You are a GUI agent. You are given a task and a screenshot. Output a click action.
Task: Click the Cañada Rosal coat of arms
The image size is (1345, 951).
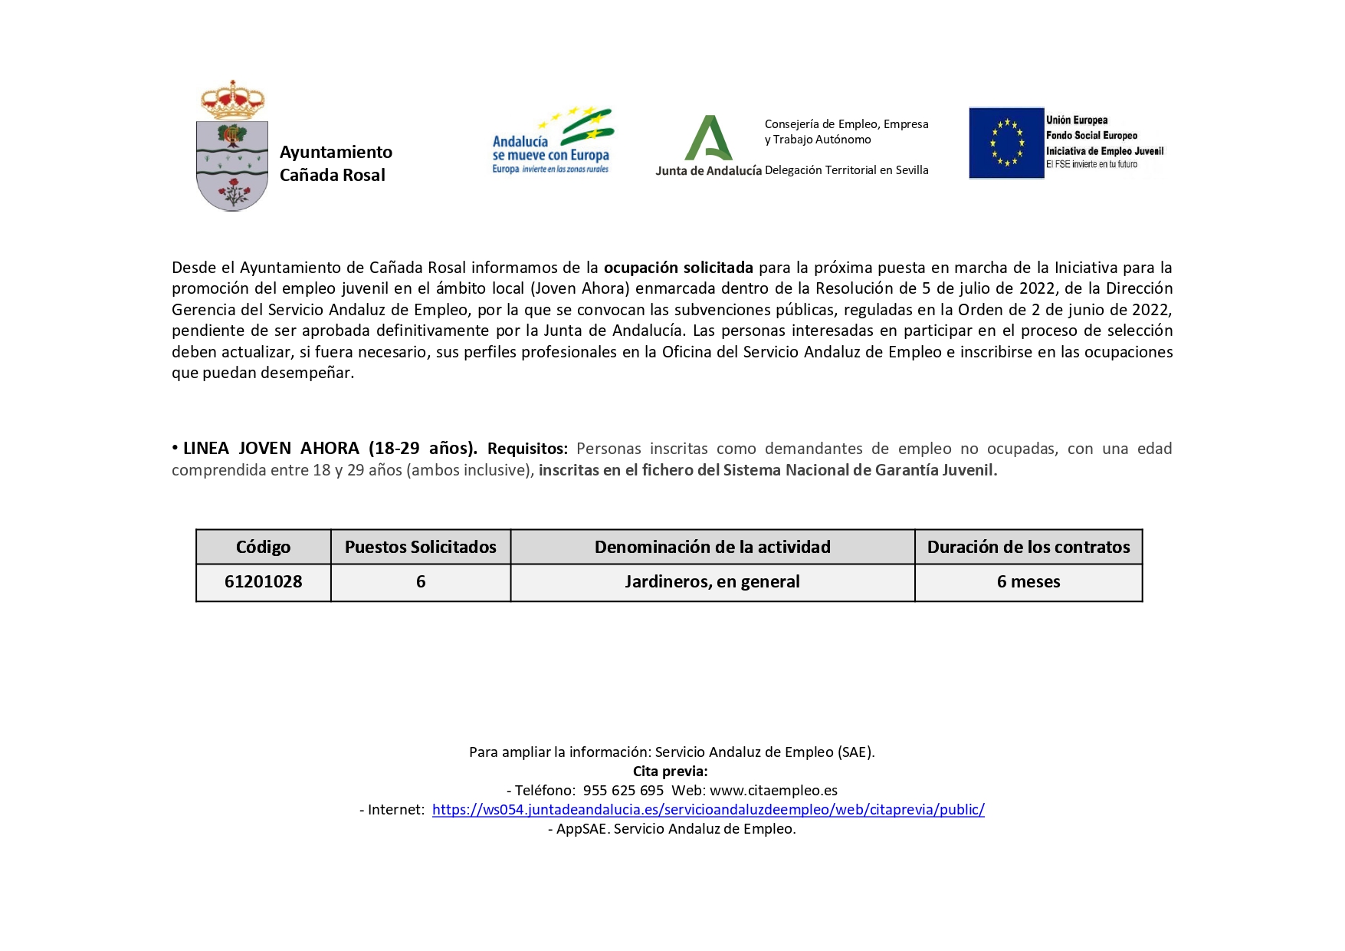click(232, 165)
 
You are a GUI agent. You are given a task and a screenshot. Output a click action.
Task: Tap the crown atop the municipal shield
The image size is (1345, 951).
click(232, 100)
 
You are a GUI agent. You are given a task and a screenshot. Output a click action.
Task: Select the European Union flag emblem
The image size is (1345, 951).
click(1006, 143)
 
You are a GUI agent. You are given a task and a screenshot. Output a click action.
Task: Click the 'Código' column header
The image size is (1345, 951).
click(263, 547)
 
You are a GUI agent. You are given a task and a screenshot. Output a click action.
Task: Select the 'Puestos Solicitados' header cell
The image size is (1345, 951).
click(420, 547)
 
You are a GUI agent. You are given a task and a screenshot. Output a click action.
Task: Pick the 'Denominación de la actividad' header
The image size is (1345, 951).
click(712, 547)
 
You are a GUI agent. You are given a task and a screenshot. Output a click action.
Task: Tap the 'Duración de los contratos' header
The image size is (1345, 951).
click(1028, 547)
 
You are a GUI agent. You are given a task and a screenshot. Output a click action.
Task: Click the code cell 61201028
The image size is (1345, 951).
click(263, 582)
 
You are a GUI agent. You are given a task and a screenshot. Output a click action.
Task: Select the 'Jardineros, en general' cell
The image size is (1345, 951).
click(712, 582)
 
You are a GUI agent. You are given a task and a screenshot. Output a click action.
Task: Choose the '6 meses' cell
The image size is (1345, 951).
click(1028, 582)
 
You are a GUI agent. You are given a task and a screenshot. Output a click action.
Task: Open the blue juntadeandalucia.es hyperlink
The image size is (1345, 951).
click(708, 810)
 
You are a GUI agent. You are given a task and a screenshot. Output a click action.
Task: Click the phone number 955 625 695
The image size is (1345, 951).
click(623, 791)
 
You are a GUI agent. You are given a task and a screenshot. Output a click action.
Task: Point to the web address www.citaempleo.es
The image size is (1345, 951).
click(773, 791)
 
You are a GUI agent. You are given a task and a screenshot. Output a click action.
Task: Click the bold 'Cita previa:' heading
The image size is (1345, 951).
click(671, 772)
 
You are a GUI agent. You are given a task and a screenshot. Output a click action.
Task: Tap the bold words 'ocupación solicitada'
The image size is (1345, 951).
click(678, 268)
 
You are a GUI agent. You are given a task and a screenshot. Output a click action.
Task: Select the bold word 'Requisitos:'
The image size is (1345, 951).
click(527, 449)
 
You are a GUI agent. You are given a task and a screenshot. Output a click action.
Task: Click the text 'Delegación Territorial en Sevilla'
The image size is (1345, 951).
click(846, 170)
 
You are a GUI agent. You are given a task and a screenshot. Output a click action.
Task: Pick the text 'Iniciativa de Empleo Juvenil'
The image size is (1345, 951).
click(1104, 151)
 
